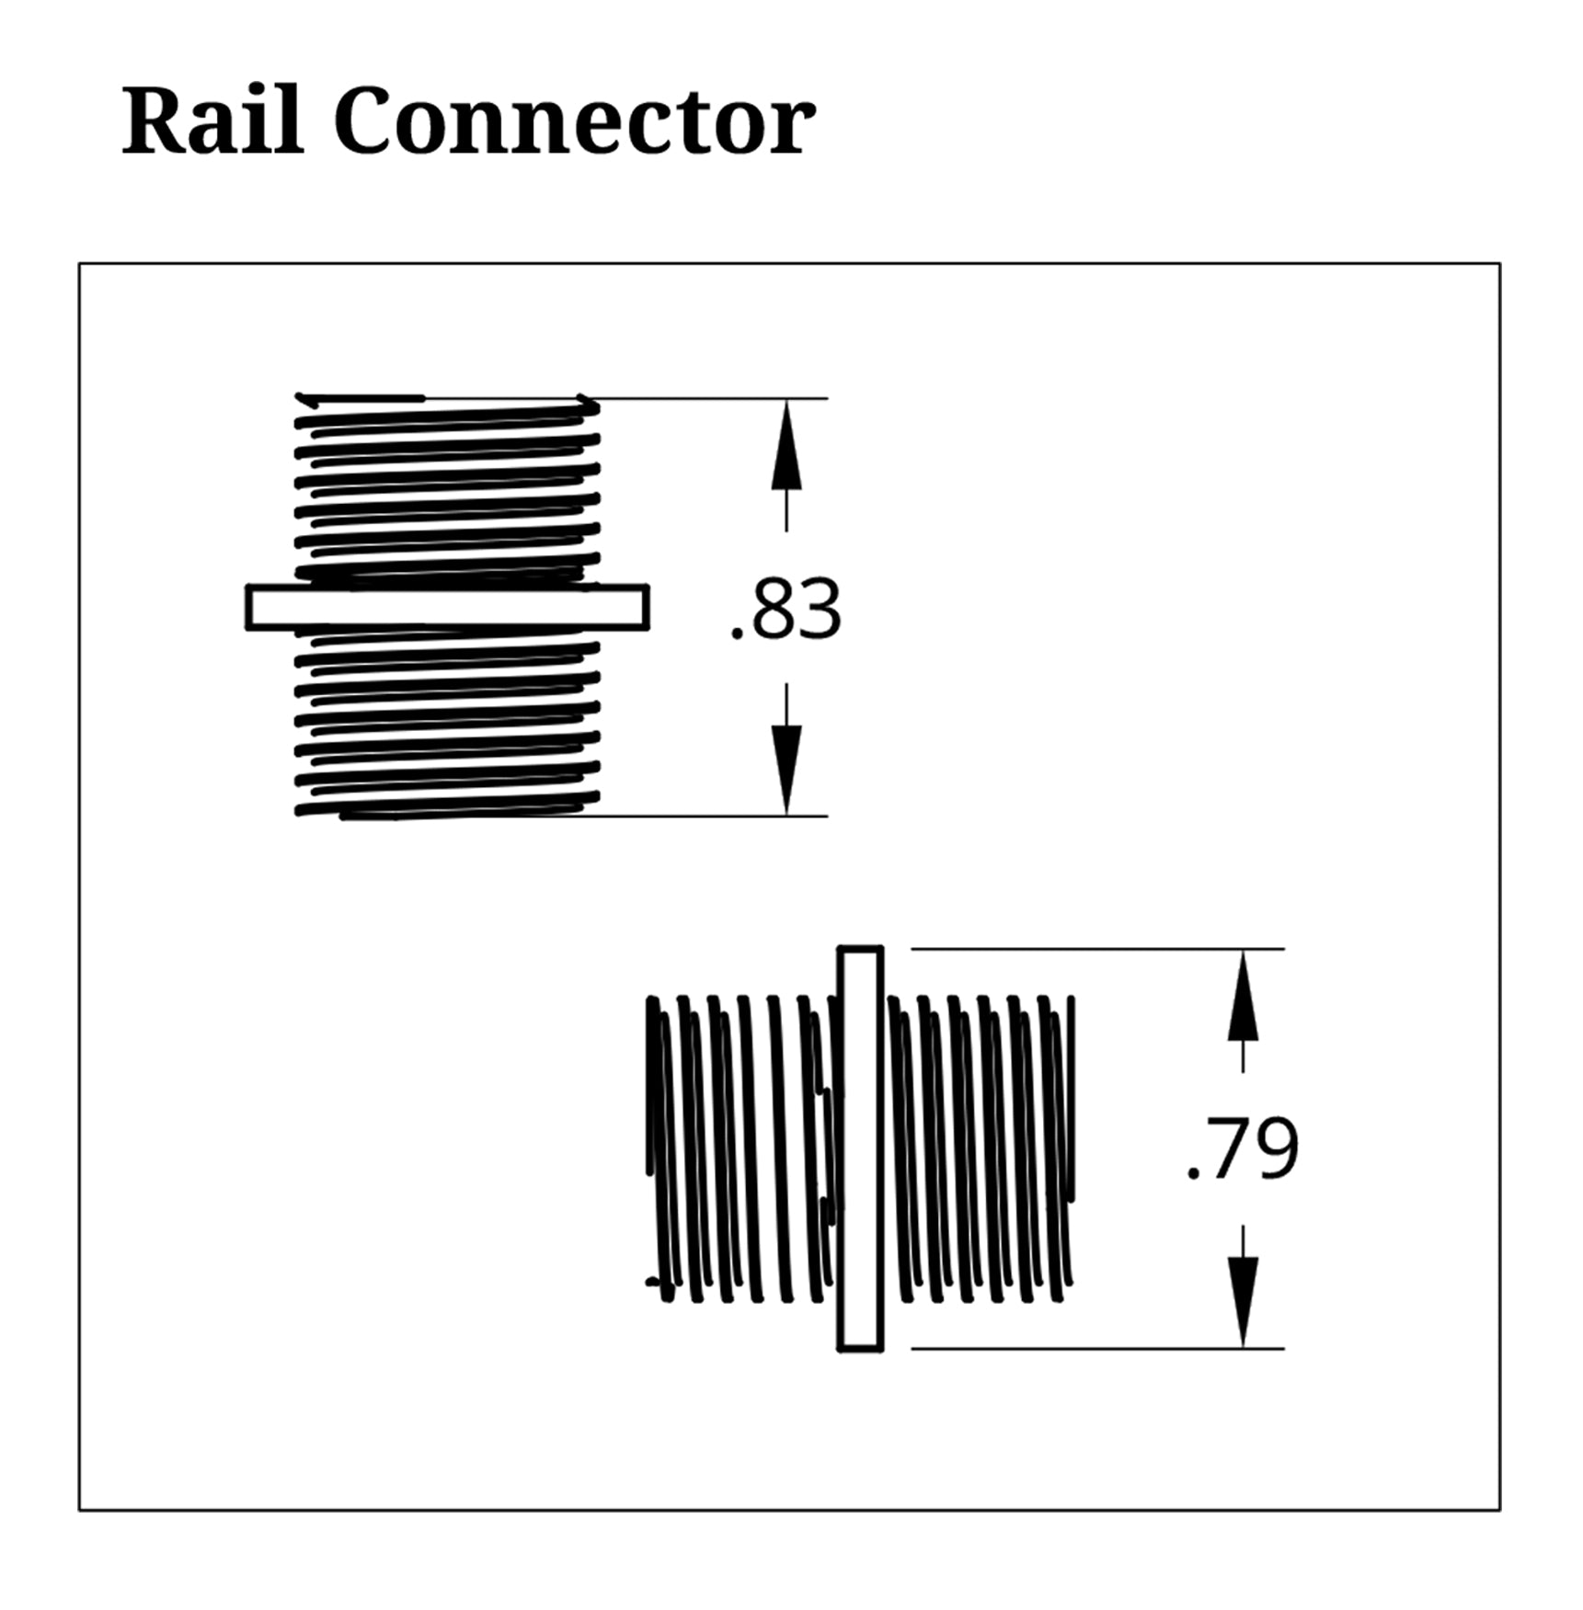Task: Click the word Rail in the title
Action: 212,121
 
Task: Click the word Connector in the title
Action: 574,121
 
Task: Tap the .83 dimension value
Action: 786,610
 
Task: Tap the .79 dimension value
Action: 1244,1148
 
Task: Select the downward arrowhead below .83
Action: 786,769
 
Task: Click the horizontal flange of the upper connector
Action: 447,608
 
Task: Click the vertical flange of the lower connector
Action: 860,1148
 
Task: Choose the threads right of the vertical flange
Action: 980,1148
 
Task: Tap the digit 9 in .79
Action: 1275,1148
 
